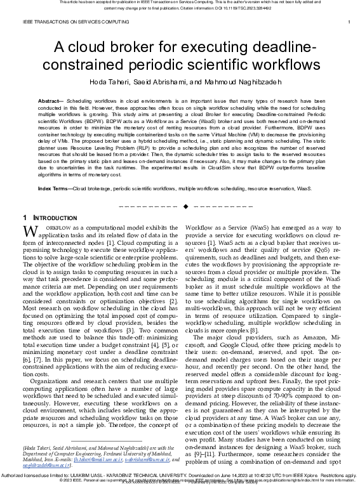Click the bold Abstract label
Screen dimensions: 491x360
(50, 101)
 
